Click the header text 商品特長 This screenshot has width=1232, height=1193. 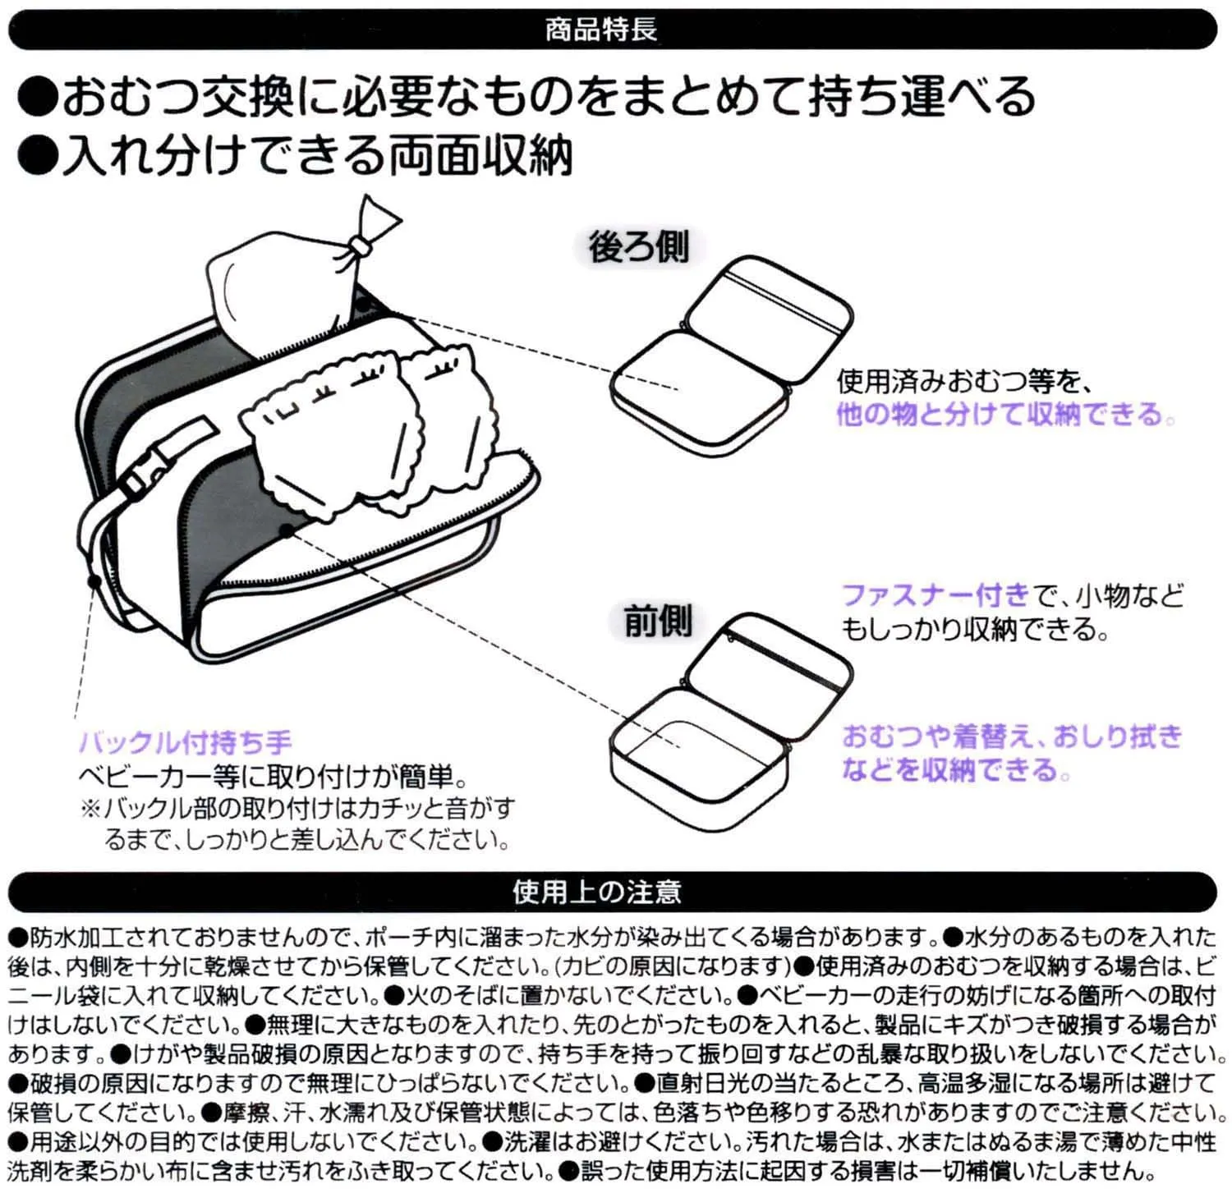click(x=600, y=30)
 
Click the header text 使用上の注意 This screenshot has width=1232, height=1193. click(x=597, y=892)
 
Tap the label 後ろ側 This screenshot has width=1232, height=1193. click(x=638, y=245)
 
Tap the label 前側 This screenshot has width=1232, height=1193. click(x=658, y=621)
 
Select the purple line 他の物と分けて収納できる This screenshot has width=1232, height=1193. click(x=1004, y=413)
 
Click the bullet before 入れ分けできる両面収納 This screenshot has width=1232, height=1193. click(x=38, y=156)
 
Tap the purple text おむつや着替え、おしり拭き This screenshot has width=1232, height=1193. click(x=1012, y=736)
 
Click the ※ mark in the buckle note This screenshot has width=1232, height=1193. click(x=90, y=809)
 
